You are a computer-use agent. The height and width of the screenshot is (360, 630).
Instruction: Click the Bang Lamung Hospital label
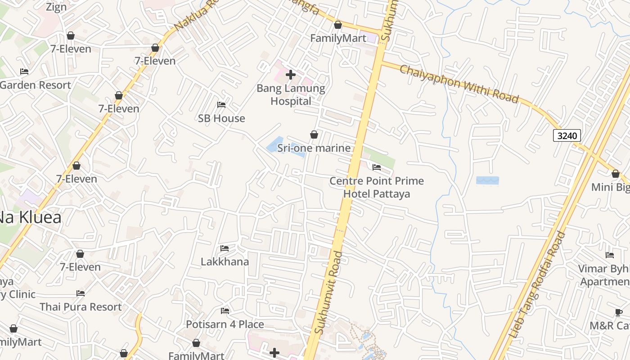(x=291, y=94)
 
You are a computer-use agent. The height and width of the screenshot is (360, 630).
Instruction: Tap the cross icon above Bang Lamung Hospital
(x=291, y=75)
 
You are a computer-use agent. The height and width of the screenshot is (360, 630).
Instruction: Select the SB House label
(x=221, y=118)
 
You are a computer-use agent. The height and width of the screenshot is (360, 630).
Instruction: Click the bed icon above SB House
(x=221, y=105)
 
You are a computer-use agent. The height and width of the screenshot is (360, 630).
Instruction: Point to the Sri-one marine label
(x=314, y=148)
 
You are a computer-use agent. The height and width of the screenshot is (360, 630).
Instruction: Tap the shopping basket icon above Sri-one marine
(x=314, y=135)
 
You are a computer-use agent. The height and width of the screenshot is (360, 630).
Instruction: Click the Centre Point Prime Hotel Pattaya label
(x=377, y=187)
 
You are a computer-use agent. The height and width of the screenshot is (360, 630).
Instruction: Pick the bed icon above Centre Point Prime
(x=377, y=167)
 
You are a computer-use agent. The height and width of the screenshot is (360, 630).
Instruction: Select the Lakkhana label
(x=225, y=261)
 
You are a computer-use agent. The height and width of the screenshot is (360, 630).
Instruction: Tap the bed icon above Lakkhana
(x=225, y=248)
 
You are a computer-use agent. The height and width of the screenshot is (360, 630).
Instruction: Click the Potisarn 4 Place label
(x=225, y=324)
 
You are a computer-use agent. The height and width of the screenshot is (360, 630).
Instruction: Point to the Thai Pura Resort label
(x=81, y=307)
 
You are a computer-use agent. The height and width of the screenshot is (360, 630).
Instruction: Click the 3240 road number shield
(x=567, y=135)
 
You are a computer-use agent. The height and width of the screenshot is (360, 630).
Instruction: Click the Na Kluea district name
(x=30, y=218)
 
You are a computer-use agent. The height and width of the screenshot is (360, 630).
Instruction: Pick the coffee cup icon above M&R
(x=619, y=312)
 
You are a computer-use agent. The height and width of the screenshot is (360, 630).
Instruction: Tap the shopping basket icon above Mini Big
(x=615, y=174)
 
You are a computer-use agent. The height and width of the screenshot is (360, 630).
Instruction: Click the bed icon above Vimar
(x=610, y=255)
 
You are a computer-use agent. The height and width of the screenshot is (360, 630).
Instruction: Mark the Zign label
(x=56, y=7)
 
